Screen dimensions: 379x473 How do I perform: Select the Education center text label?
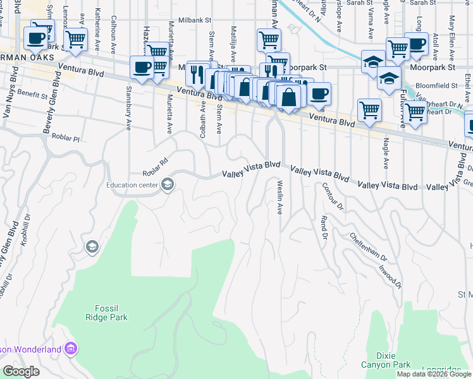pos(132,184)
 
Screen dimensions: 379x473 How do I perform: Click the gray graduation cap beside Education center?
pos(168,184)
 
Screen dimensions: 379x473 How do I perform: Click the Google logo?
pos(21,372)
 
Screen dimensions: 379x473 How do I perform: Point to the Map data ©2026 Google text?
pos(434,374)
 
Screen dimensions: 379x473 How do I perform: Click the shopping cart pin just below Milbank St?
pos(269,39)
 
